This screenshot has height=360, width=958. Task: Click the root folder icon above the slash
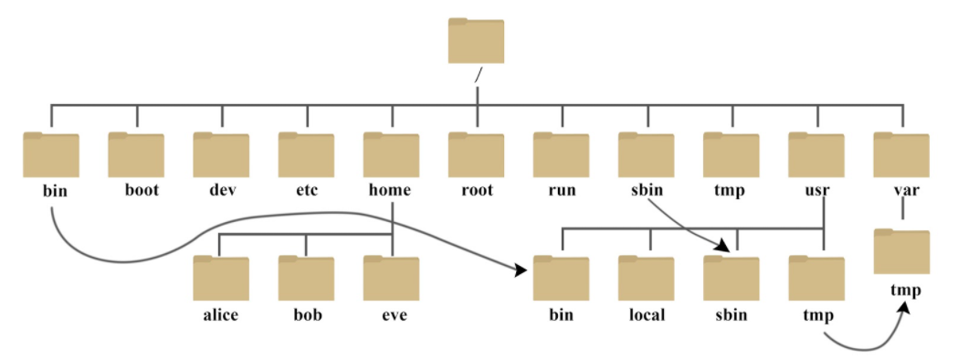click(476, 41)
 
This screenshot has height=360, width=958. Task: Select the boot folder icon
click(136, 154)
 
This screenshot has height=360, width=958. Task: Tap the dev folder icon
click(221, 154)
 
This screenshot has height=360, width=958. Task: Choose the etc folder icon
click(306, 154)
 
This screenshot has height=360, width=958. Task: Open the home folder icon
click(391, 154)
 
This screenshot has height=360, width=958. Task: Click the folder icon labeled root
click(476, 154)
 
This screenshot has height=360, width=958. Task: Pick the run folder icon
click(561, 154)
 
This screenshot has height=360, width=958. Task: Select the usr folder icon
click(816, 154)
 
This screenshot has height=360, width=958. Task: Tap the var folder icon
click(900, 154)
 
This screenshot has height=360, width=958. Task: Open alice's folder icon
click(221, 278)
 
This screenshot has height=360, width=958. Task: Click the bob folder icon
click(306, 278)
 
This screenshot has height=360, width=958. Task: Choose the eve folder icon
click(391, 278)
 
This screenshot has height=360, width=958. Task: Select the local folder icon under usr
click(646, 278)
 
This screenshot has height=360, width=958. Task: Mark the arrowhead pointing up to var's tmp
click(905, 312)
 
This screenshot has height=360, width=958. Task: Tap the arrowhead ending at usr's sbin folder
click(727, 245)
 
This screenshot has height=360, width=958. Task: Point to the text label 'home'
click(390, 191)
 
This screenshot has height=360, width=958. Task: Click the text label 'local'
click(646, 315)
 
